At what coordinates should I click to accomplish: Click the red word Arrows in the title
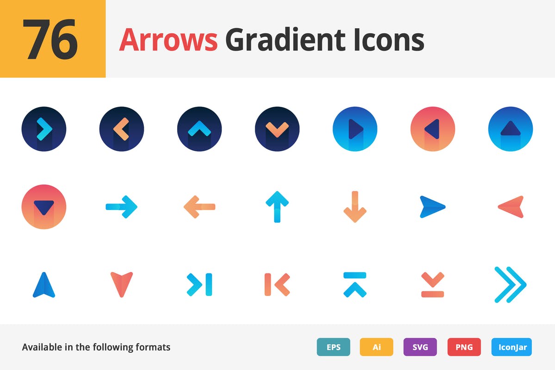(168, 40)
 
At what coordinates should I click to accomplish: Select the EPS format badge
(333, 347)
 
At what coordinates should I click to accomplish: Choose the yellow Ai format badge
(376, 347)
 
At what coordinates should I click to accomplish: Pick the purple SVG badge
(420, 347)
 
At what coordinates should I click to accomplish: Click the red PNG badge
(464, 347)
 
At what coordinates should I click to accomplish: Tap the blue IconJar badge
(512, 347)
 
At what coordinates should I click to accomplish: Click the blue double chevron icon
(510, 284)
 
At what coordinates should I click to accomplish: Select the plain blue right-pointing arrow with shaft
(122, 206)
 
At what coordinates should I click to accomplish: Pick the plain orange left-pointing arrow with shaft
(199, 206)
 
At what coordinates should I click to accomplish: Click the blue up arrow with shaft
(277, 206)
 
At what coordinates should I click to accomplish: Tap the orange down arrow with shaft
(355, 206)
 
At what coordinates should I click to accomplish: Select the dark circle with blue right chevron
(44, 129)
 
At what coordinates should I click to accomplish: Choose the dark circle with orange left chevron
(122, 129)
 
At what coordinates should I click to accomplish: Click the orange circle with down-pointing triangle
(44, 206)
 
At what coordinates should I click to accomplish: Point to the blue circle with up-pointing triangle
(511, 129)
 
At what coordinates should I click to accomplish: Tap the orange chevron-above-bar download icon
(432, 284)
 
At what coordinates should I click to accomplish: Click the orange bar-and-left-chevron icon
(277, 284)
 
